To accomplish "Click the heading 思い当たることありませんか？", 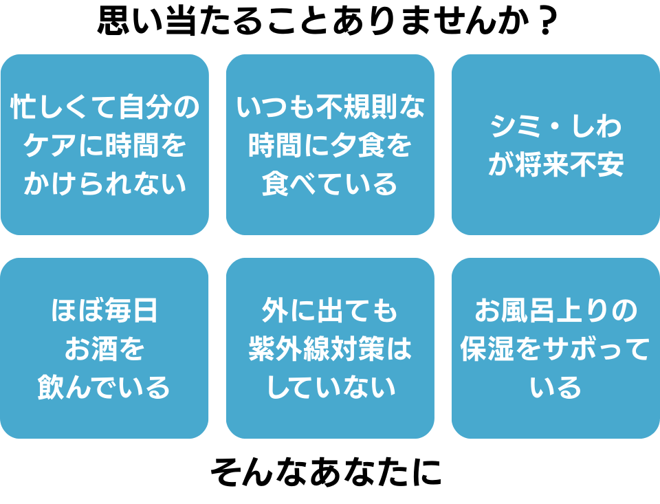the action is pos(327,20).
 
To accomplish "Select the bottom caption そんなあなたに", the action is pos(326,472).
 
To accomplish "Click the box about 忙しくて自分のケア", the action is pos(104,144).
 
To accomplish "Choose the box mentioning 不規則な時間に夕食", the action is pos(330,144).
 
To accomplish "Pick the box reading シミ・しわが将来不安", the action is pos(555,144).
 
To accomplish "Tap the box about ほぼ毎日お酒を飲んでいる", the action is pos(104,348).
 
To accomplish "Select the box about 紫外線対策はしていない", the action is pos(330,348).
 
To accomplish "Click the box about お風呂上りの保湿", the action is pos(555,348).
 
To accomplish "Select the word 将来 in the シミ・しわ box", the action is pos(542,164).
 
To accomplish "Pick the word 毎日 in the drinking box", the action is pos(131,310).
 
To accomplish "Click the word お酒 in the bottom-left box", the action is pos(91,349).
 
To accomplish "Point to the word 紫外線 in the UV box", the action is pos(289,349).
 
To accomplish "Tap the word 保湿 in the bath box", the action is pos(487,349).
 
